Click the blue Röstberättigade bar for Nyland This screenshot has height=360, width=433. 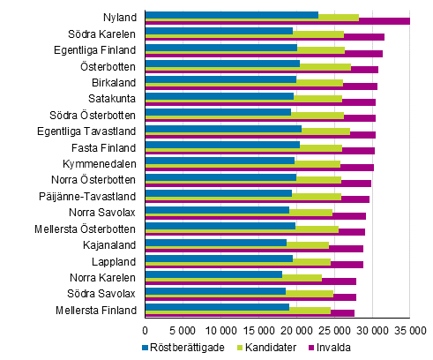(231, 14)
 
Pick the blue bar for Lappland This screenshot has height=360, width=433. (219, 259)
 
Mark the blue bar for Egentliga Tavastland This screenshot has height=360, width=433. (223, 128)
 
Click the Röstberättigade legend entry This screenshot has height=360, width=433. (185, 347)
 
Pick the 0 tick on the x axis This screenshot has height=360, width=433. (145, 329)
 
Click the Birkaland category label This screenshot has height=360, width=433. (114, 82)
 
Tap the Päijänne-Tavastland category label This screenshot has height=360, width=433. (92, 196)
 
